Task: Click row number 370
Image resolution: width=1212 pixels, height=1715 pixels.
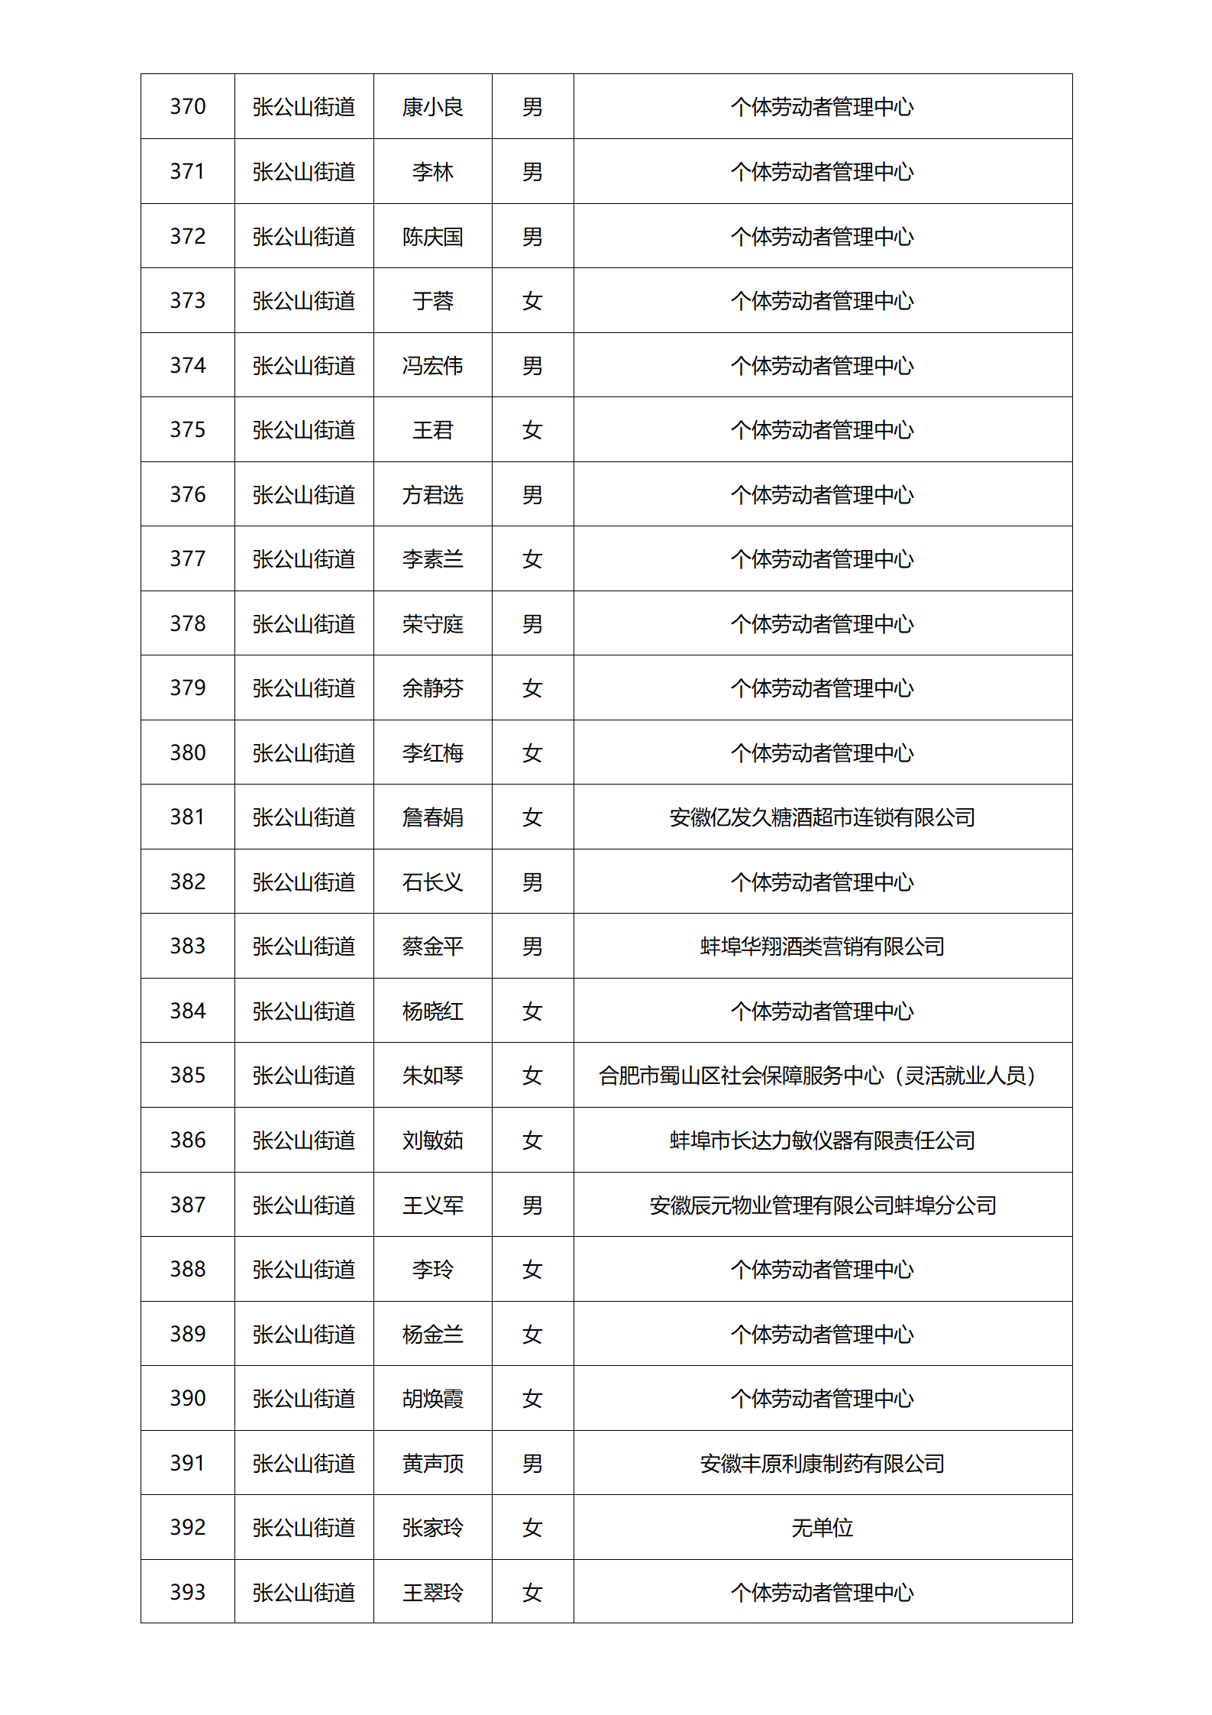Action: (188, 106)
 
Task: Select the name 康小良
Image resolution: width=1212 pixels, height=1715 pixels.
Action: (432, 107)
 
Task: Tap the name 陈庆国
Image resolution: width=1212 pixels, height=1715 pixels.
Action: (432, 237)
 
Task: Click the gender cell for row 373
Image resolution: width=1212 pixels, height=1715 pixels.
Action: (532, 301)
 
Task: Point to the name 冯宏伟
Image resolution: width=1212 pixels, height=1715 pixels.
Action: (432, 366)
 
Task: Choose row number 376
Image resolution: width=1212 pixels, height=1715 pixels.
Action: (188, 494)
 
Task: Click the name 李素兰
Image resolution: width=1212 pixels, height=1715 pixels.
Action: (432, 559)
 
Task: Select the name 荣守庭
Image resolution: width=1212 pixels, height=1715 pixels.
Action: (432, 624)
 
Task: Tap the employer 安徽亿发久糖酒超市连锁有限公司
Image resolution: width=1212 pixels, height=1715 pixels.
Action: (822, 817)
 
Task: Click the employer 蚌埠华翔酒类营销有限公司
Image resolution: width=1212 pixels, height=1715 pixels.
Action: (822, 946)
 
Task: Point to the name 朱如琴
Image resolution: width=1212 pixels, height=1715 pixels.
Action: (432, 1076)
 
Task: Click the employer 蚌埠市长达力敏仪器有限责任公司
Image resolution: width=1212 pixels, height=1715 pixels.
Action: (822, 1141)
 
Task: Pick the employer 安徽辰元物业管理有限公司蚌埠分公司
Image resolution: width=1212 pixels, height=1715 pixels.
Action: (822, 1205)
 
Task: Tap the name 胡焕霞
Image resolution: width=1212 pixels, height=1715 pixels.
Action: (432, 1399)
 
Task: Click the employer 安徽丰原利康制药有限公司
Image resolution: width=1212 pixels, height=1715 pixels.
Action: (822, 1464)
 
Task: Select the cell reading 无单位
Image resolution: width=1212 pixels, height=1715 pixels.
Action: (822, 1528)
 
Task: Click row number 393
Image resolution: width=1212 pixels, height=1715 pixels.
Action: (188, 1592)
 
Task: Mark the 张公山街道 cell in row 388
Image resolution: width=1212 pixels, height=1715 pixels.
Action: (304, 1270)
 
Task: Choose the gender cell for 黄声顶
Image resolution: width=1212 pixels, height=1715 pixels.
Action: (532, 1464)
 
